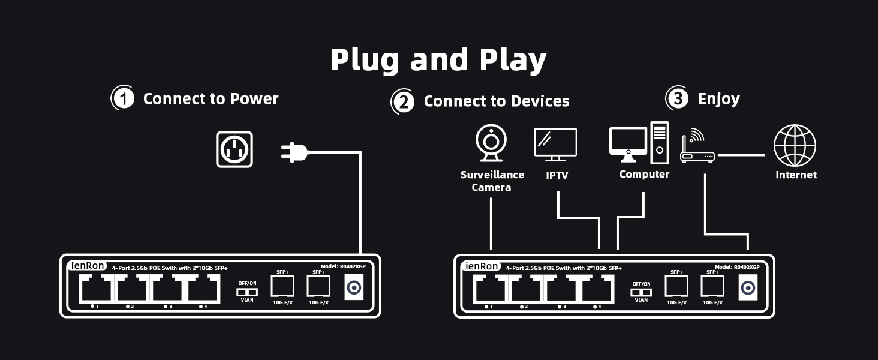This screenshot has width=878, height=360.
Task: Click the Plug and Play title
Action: tap(438, 59)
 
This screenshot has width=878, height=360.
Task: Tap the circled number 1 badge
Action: tap(124, 98)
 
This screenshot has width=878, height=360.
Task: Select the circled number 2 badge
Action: tap(404, 101)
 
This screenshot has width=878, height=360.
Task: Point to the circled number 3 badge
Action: tap(678, 98)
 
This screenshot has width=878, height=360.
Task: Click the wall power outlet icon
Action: tap(234, 149)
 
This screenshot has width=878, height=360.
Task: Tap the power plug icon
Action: tap(294, 152)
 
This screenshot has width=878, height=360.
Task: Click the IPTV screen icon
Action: tap(555, 144)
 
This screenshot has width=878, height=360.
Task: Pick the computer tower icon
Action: tap(659, 143)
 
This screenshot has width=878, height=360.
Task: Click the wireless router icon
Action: tap(697, 148)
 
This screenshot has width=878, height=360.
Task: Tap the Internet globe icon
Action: tap(795, 146)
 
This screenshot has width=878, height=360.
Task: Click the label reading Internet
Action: tap(796, 175)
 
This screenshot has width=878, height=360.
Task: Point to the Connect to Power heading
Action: tap(211, 98)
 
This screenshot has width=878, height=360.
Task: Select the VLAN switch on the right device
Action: tap(641, 292)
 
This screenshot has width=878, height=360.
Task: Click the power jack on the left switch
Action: tap(354, 287)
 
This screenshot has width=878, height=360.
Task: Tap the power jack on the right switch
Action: tap(748, 287)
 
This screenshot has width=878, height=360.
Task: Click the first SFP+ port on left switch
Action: tap(282, 286)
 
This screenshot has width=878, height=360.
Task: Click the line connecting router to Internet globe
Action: tap(741, 155)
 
